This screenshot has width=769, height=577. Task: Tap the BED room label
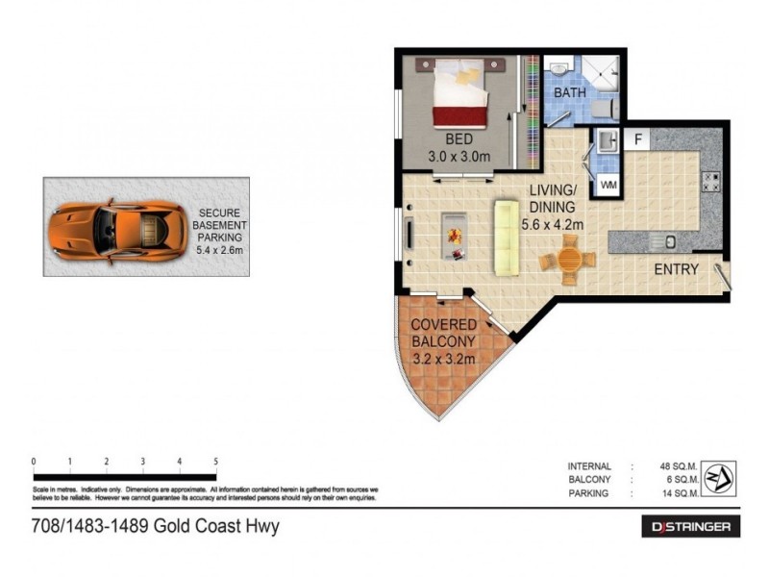[x=459, y=138]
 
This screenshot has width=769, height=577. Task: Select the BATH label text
[x=569, y=93]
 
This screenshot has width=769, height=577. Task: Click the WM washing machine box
[x=608, y=183]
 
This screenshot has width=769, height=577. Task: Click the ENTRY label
[x=676, y=269]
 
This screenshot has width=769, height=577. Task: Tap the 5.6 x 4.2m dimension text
[x=552, y=225]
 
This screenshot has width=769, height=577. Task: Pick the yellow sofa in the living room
[x=505, y=236]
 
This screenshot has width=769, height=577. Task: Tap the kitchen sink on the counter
[x=670, y=239]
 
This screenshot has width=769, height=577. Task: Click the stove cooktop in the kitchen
[x=710, y=181]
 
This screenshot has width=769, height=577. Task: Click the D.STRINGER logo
[x=690, y=526]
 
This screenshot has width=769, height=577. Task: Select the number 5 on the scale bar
[x=215, y=461]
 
